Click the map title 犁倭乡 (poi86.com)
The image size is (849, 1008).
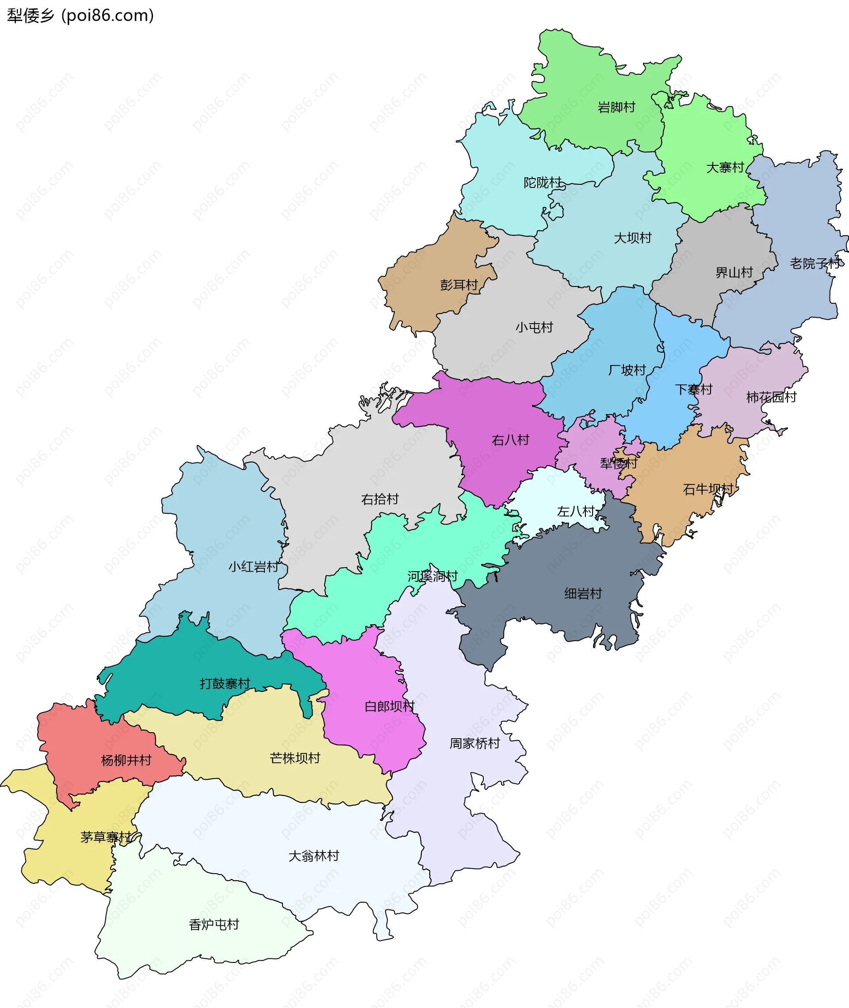tap(80, 15)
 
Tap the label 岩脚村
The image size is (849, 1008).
tap(616, 107)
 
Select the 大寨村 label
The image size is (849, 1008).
tap(725, 168)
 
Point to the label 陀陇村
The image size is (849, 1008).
tap(543, 183)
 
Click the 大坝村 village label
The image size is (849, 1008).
tap(632, 238)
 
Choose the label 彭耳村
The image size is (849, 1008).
tap(459, 285)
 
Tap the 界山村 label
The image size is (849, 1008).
tap(734, 273)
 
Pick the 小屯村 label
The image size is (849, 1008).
tap(534, 328)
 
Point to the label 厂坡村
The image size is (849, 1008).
tap(627, 370)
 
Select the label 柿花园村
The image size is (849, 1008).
tap(771, 397)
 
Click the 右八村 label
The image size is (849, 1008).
tap(510, 440)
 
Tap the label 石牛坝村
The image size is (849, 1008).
tap(708, 489)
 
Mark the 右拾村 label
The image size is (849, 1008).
tap(380, 499)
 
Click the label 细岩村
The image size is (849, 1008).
tap(583, 594)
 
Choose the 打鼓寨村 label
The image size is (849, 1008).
tap(225, 683)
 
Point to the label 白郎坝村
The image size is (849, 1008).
tap(390, 706)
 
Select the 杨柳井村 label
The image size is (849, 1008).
tap(126, 760)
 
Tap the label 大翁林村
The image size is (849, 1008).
tap(314, 856)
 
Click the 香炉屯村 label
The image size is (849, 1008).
tap(214, 925)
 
